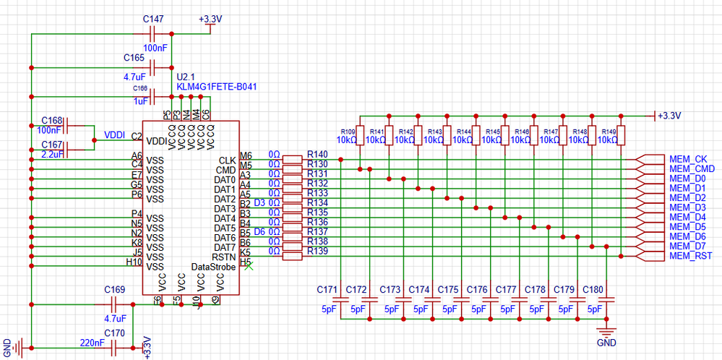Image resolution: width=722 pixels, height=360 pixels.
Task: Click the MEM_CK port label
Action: click(x=687, y=159)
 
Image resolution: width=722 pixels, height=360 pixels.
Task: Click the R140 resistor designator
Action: click(x=317, y=154)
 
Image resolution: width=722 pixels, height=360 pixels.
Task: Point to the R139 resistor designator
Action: click(x=317, y=250)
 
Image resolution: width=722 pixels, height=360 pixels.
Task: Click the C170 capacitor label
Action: click(x=114, y=333)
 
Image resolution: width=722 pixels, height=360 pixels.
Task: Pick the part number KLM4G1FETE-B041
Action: click(x=217, y=86)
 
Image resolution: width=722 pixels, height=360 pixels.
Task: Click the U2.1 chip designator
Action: click(x=186, y=76)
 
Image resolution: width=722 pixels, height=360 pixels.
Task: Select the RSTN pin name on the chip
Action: click(x=225, y=257)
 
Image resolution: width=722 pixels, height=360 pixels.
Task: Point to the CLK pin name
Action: click(x=227, y=160)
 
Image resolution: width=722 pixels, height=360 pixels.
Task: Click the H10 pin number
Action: click(x=134, y=262)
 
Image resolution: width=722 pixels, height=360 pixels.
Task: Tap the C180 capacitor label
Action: click(x=592, y=289)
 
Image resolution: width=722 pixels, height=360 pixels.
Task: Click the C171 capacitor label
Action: click(x=327, y=289)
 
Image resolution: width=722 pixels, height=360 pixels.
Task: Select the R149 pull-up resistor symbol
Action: click(x=620, y=135)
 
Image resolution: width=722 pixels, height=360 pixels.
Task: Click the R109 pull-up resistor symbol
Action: click(x=360, y=135)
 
